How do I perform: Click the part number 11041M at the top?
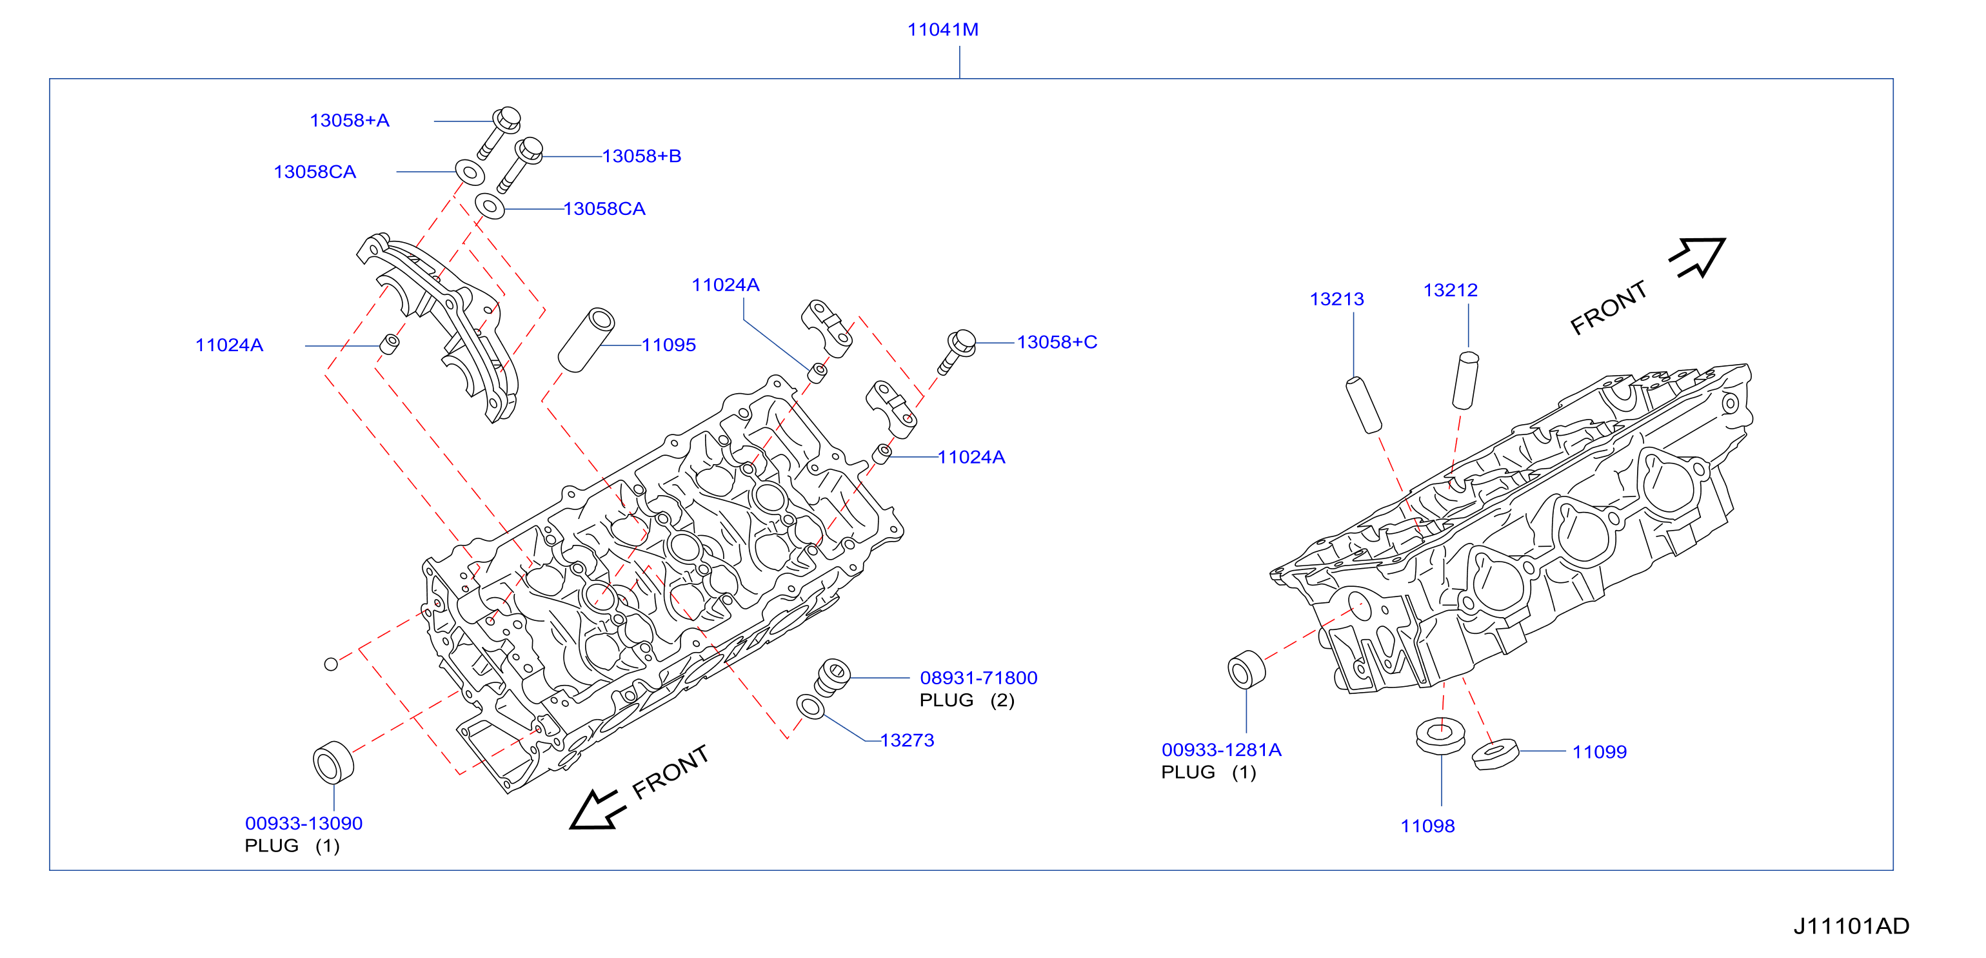pyautogui.click(x=943, y=29)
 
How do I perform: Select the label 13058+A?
pyautogui.click(x=349, y=120)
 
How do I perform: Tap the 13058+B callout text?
pyautogui.click(x=641, y=156)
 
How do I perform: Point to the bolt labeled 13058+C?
pyautogui.click(x=957, y=352)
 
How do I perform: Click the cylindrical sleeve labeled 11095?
pyautogui.click(x=586, y=340)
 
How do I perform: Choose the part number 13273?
pyautogui.click(x=908, y=740)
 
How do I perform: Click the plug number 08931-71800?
pyautogui.click(x=978, y=678)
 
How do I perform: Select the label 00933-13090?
pyautogui.click(x=304, y=823)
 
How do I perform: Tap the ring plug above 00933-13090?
pyautogui.click(x=333, y=762)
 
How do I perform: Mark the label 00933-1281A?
pyautogui.click(x=1221, y=749)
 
